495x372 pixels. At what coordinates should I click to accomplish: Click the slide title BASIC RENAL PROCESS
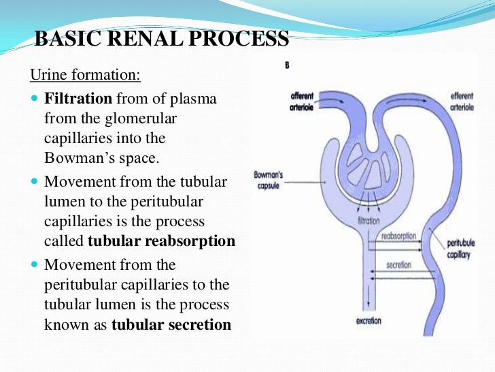[x=161, y=39]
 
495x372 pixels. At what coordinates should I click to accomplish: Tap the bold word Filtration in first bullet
[x=78, y=99]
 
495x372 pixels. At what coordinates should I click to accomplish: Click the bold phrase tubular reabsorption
[x=162, y=241]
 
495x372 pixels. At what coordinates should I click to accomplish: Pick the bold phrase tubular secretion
[x=171, y=325]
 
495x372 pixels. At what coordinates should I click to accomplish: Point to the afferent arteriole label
[x=302, y=102]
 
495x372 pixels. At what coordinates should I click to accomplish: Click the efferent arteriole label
[x=462, y=102]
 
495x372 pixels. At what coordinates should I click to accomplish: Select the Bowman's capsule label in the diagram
[x=269, y=180]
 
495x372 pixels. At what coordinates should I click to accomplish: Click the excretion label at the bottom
[x=368, y=320]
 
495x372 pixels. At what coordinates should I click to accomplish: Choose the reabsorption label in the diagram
[x=398, y=236]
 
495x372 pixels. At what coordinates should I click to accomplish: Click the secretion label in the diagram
[x=399, y=264]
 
